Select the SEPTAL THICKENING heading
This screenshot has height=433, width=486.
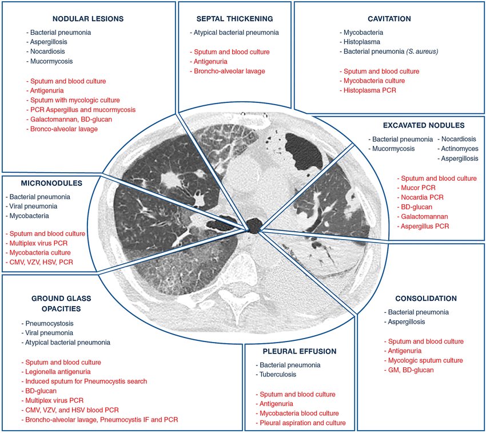tap(234, 19)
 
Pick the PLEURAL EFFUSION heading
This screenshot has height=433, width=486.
tap(299, 351)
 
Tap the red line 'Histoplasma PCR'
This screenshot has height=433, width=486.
tap(371, 90)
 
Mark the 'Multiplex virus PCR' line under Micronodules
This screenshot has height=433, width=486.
tap(46, 243)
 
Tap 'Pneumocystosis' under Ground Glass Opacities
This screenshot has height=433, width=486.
tap(49, 323)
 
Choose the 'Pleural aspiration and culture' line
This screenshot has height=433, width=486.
tap(302, 423)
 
